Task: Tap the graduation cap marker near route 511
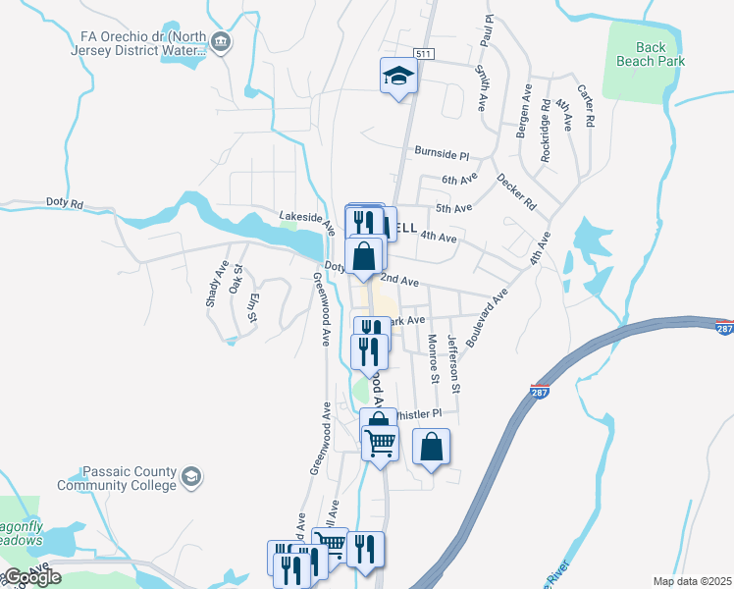click(x=398, y=75)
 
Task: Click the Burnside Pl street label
click(x=442, y=154)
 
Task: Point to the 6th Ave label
click(x=458, y=179)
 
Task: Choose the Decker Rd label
click(x=516, y=192)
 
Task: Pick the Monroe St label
click(x=432, y=358)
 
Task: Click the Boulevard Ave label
click(x=487, y=316)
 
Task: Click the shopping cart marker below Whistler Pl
click(x=380, y=443)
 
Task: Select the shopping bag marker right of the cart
click(x=431, y=447)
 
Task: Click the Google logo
click(x=31, y=577)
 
